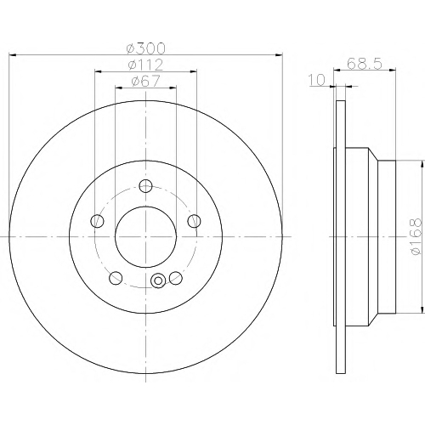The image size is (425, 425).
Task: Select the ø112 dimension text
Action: (145, 65)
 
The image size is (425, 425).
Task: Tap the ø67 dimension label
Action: (145, 82)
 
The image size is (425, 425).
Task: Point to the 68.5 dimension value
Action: (365, 64)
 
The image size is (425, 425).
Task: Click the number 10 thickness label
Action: (317, 80)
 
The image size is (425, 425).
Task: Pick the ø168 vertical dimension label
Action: (416, 236)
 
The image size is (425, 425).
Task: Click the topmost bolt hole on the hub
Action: (145, 186)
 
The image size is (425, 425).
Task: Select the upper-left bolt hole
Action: (97, 221)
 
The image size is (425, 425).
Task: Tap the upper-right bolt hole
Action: (194, 221)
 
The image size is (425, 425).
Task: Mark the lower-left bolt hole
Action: (116, 278)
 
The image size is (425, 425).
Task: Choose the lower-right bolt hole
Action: (176, 278)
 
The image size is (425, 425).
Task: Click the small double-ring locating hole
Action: (158, 280)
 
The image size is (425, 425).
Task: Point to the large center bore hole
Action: (145, 236)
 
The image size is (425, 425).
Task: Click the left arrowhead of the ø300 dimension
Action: (13, 54)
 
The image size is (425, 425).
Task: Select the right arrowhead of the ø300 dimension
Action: (279, 54)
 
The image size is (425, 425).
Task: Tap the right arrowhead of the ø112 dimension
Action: (193, 71)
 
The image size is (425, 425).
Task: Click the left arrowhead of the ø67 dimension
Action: (119, 88)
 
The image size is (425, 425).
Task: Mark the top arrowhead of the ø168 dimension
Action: (422, 164)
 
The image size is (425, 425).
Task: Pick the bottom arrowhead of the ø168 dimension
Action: (422, 309)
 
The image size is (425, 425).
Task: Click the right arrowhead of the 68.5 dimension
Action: (392, 70)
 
